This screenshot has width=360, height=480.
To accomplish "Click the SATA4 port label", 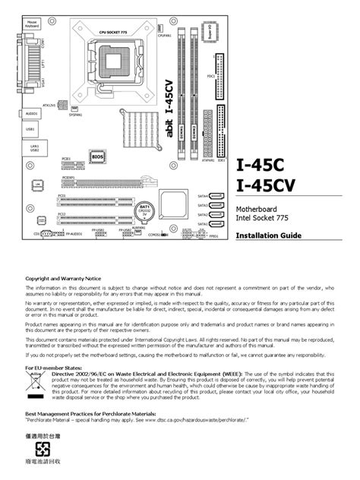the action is (203, 196).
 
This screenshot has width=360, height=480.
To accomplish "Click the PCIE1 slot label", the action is (67, 159).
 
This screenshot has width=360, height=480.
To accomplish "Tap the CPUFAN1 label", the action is (164, 35).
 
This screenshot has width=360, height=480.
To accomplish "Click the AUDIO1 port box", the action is (33, 114).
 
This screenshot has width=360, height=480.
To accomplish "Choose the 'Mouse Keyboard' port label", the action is (32, 25).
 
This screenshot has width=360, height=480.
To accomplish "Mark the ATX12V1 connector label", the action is (47, 105).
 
